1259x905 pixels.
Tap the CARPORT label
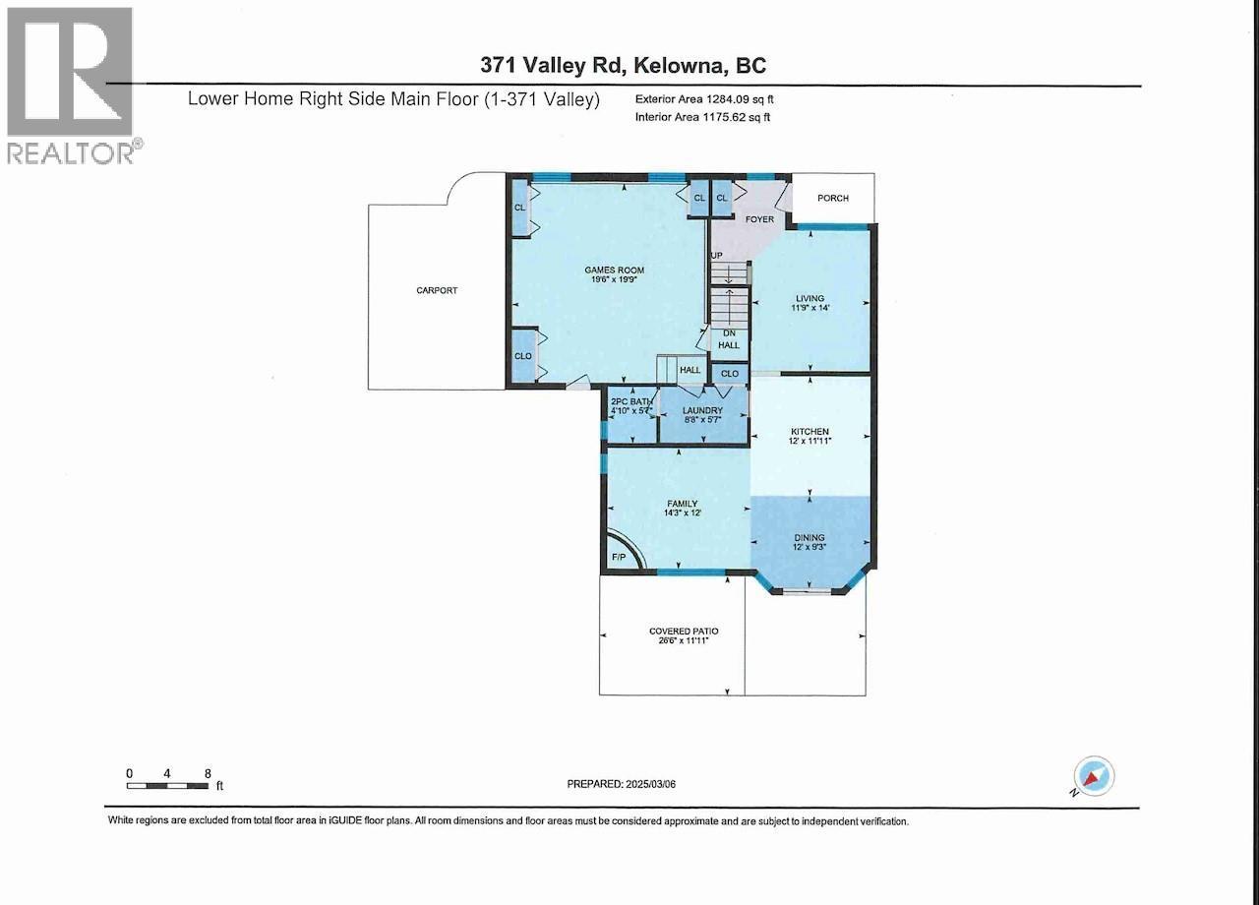point(437,290)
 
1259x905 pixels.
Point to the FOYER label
point(758,219)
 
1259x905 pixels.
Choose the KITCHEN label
point(810,432)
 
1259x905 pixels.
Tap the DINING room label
point(810,538)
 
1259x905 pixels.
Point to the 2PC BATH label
point(631,401)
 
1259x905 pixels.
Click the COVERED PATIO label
point(678,631)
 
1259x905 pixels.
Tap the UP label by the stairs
point(717,256)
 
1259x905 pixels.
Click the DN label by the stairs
point(729,333)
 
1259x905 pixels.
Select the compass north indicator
point(1094,776)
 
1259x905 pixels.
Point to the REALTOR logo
point(71,85)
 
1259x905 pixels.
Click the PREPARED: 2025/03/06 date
point(635,784)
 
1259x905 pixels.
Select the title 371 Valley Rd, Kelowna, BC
point(623,65)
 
